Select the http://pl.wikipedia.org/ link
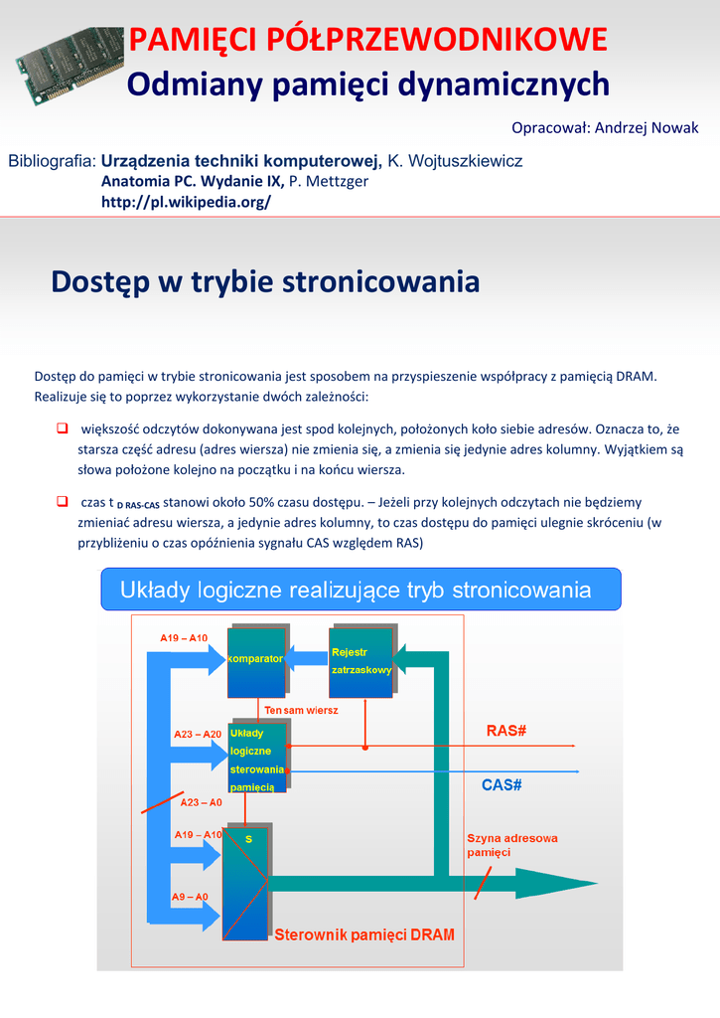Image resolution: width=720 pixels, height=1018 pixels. pos(186,202)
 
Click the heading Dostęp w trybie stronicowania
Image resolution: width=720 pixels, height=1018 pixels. pos(265,281)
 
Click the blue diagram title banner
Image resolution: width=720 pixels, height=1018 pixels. pos(361,590)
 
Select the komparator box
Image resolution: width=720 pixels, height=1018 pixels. pos(255,661)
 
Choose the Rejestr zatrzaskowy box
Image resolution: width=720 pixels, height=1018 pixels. pos(361,661)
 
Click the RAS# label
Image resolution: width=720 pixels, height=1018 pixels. pos(505,731)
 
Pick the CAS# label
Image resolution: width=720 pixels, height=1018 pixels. pos(502,785)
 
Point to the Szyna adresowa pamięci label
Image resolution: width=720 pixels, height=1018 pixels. pos(511,845)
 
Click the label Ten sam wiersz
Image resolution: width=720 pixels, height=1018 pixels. pos(301,711)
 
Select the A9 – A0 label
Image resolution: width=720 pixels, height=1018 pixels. pos(189,897)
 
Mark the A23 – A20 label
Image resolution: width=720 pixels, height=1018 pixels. pos(198,734)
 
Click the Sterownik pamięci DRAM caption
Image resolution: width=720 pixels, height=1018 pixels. pos(363,934)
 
